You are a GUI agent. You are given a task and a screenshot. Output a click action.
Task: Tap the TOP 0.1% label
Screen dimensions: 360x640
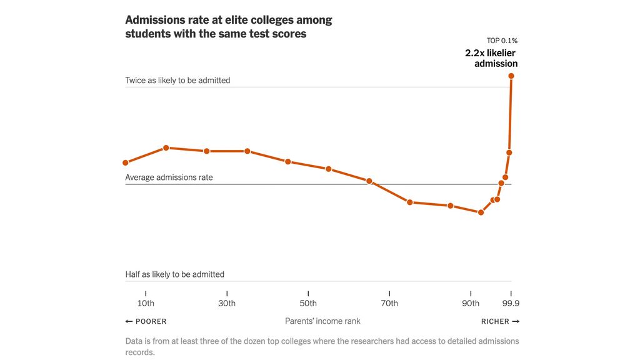(502, 41)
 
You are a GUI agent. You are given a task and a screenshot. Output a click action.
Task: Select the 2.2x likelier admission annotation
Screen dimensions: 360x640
(491, 58)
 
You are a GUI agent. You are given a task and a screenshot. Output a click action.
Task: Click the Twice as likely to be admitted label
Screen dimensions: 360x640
(177, 80)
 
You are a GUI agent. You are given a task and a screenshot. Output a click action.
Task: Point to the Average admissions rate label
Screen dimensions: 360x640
(169, 177)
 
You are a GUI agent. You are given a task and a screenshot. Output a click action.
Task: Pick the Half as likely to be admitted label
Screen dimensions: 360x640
(174, 274)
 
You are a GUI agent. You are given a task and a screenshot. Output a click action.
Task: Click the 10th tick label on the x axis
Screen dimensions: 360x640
(146, 304)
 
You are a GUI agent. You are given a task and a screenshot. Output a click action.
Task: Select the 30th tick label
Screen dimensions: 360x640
(227, 304)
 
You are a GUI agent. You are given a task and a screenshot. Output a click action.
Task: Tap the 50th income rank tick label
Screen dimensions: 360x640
(308, 304)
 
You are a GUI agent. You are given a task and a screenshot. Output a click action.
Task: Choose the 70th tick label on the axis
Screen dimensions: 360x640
(389, 304)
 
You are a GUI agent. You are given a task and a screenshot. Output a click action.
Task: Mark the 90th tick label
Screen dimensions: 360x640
(471, 304)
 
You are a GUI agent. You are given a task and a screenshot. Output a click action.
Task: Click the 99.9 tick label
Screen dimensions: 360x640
(511, 304)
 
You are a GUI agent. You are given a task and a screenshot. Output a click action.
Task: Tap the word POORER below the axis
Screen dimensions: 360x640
(151, 321)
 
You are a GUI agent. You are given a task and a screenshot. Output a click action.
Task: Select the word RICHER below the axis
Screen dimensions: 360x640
(495, 321)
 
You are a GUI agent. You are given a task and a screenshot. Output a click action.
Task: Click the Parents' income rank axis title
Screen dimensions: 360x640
(322, 321)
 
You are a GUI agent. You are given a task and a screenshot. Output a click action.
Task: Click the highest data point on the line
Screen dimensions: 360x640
(511, 76)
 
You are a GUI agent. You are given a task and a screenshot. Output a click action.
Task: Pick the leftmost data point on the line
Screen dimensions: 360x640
(126, 162)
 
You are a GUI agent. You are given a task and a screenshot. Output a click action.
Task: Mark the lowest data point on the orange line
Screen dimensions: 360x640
(481, 212)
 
